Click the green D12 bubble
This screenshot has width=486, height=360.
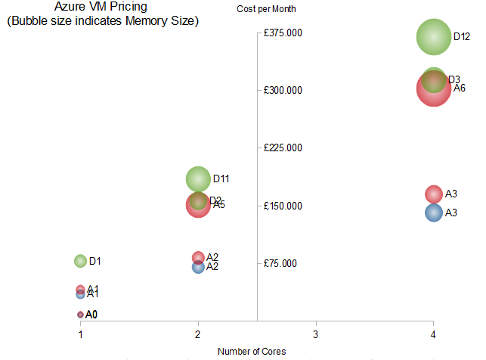[x=433, y=37]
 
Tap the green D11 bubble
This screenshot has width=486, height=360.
[x=198, y=179]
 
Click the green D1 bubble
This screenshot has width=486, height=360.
[x=81, y=261]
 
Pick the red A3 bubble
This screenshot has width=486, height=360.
[x=433, y=194]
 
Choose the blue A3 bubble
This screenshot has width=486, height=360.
[x=433, y=213]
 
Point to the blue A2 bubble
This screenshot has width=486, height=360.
[x=198, y=266]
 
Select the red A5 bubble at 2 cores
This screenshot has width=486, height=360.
[x=198, y=205]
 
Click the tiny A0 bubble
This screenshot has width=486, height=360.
[x=80, y=314]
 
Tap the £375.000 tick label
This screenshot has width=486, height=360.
[x=283, y=33]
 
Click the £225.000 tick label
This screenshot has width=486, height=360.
[x=283, y=148]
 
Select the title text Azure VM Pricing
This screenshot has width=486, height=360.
[x=103, y=8]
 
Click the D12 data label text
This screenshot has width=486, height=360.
[x=462, y=36]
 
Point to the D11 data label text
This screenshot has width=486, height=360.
[x=221, y=179]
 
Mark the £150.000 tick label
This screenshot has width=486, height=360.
[x=283, y=206]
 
